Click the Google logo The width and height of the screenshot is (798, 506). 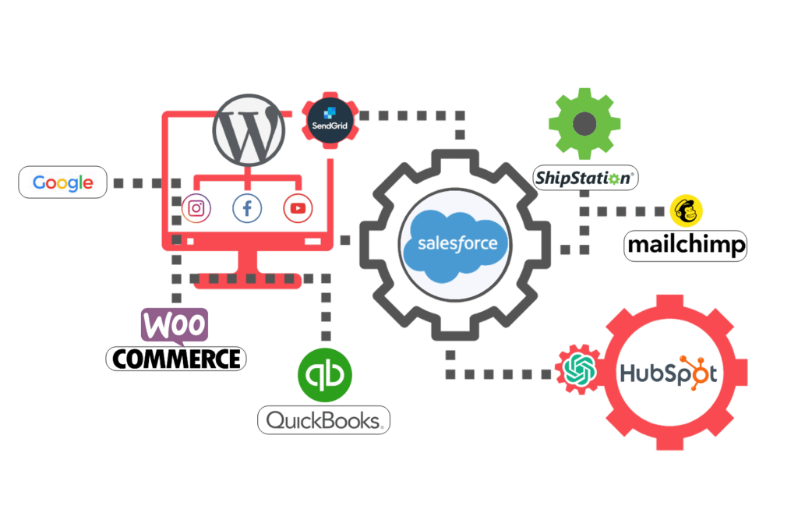tap(62, 183)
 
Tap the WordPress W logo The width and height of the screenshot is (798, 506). tap(249, 130)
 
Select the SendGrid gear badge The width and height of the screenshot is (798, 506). tap(330, 120)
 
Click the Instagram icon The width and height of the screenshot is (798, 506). tap(196, 208)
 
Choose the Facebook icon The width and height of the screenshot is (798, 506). tap(247, 208)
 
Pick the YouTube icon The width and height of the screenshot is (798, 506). tap(298, 208)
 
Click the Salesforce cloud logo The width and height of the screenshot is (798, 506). tap(457, 244)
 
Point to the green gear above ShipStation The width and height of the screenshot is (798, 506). tap(584, 124)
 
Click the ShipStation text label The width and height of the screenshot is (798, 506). tap(585, 179)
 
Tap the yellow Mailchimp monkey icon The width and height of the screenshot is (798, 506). tap(686, 211)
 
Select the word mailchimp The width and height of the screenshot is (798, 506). tap(686, 246)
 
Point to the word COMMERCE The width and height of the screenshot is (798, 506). tap(176, 359)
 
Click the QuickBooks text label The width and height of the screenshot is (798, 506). tap(323, 420)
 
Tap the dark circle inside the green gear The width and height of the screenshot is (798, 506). tap(584, 124)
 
